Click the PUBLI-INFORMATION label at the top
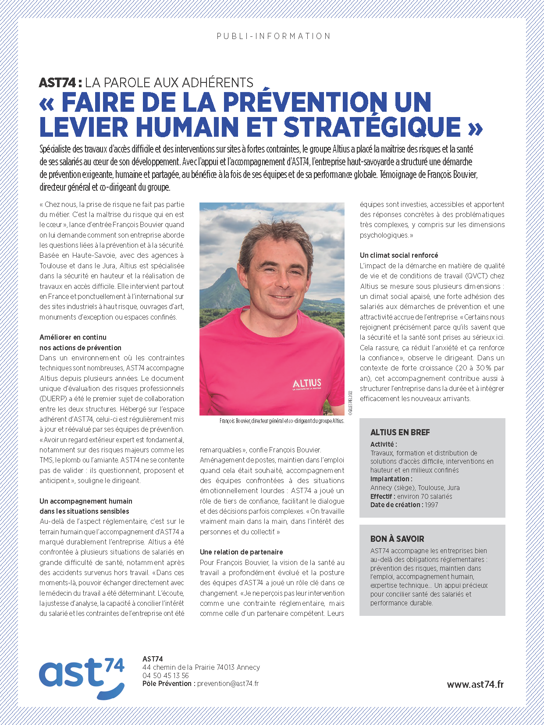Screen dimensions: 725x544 (x=274, y=36)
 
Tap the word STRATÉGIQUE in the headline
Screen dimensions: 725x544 (x=372, y=127)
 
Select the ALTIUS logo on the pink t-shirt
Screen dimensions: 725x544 (x=307, y=384)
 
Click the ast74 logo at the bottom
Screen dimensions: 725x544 (x=82, y=677)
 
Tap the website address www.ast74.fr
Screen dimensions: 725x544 (x=475, y=684)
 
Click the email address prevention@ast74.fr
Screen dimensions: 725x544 (x=228, y=683)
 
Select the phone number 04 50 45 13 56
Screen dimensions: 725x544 (x=166, y=675)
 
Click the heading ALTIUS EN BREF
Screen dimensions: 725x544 (x=400, y=432)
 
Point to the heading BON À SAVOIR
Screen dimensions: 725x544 (x=397, y=539)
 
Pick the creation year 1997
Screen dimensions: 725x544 (x=431, y=505)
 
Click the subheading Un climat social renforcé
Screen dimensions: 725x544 (x=399, y=255)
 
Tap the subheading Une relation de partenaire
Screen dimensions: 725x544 (x=241, y=552)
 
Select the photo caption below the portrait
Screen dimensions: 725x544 (x=281, y=421)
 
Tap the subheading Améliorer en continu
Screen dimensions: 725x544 (x=73, y=337)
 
